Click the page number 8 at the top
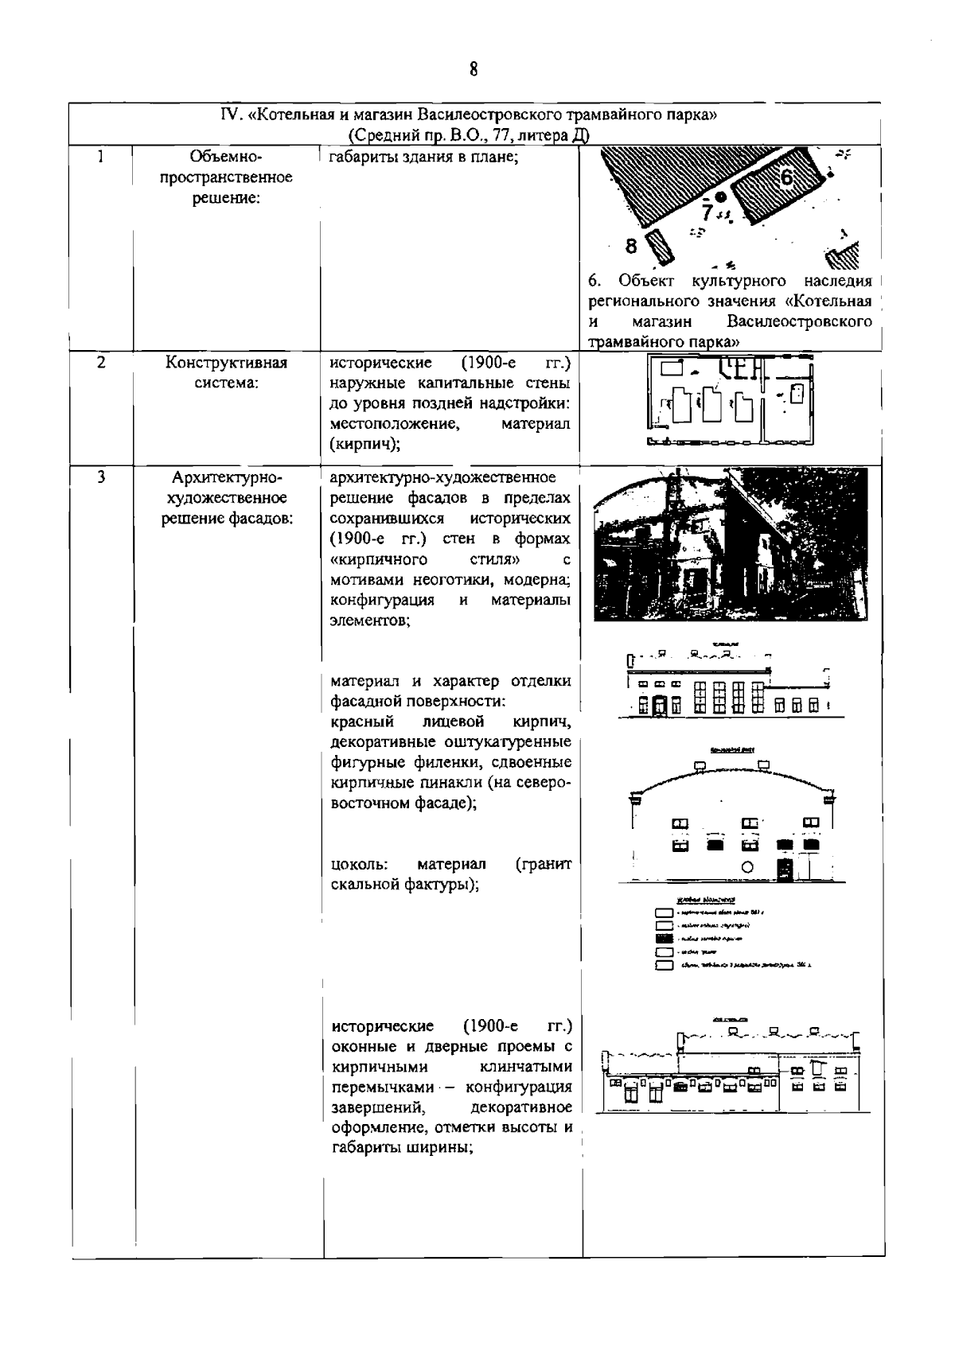click(474, 69)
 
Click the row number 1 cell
click(100, 157)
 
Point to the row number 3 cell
click(100, 477)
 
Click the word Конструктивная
click(226, 364)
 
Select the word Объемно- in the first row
click(226, 157)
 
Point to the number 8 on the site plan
click(631, 246)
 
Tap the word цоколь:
click(360, 864)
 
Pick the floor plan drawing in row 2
click(731, 400)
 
